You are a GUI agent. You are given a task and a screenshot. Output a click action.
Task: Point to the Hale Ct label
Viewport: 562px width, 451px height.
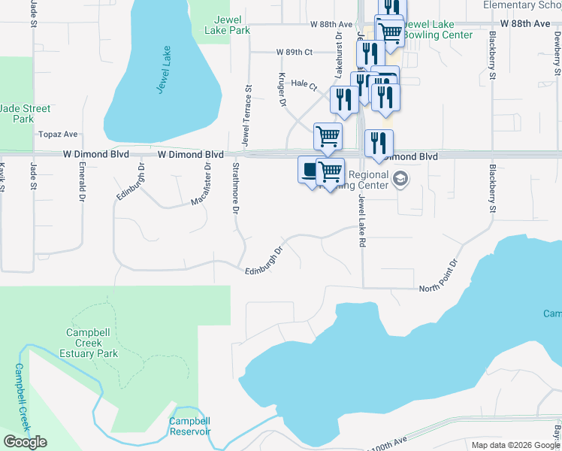[300, 83]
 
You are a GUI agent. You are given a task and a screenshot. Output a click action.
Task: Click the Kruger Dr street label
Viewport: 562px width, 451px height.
[283, 89]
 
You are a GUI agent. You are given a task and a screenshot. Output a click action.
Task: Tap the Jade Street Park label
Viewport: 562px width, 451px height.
[25, 114]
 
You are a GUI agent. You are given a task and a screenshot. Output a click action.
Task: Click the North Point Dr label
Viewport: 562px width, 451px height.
[437, 278]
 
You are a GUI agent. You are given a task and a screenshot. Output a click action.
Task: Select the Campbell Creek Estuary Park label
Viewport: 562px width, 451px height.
[92, 343]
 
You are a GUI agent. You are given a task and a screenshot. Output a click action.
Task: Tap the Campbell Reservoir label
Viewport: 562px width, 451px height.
[189, 426]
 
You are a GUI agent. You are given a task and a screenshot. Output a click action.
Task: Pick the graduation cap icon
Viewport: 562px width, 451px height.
[400, 180]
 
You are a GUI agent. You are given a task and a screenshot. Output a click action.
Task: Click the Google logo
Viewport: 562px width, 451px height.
[25, 442]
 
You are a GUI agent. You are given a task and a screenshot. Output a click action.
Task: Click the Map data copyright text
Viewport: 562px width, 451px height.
[515, 445]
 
